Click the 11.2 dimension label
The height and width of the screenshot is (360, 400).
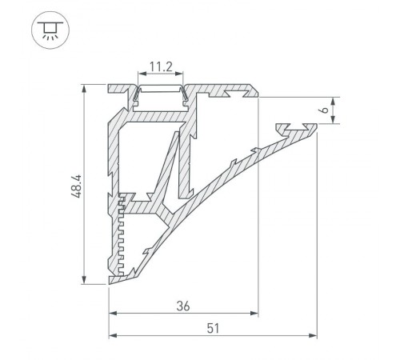coord(161,69)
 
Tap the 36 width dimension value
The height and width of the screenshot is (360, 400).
coord(182,305)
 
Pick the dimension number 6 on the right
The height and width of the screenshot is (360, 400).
coord(342,111)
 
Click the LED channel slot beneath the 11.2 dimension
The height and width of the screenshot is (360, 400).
coord(161,94)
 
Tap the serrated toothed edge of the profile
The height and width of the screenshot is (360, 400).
coord(122,232)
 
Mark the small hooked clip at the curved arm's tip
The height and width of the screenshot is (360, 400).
coord(296,127)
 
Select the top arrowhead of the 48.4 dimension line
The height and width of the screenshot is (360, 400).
coord(85,86)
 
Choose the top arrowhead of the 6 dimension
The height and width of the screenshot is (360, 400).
coord(334,100)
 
